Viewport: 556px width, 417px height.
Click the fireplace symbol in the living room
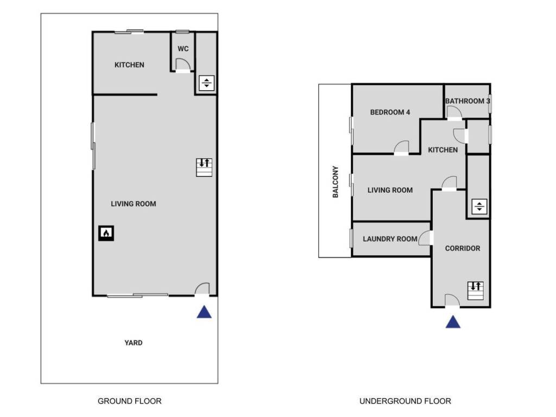tap(106, 233)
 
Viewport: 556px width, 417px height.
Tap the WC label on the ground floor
tap(183, 49)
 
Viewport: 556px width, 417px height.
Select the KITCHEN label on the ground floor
tap(129, 65)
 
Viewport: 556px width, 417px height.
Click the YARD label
tap(134, 343)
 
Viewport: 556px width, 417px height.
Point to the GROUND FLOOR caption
tap(129, 401)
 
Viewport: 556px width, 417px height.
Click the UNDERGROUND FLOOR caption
tap(405, 401)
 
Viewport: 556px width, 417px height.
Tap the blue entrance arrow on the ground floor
tap(204, 312)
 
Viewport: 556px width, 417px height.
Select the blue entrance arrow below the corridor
tap(453, 323)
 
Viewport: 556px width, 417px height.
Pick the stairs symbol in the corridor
tap(476, 291)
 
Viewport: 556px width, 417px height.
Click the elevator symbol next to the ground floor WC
tap(207, 83)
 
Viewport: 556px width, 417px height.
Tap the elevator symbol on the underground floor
tap(479, 206)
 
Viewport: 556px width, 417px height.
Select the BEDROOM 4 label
tap(390, 112)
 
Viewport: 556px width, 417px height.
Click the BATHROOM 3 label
tap(467, 101)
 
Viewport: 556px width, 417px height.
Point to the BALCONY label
tap(336, 181)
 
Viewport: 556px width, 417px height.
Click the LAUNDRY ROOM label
tap(390, 239)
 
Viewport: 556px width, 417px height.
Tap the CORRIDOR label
tap(463, 249)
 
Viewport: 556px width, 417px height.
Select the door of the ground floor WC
tap(183, 67)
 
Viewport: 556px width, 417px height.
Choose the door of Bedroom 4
tap(401, 148)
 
